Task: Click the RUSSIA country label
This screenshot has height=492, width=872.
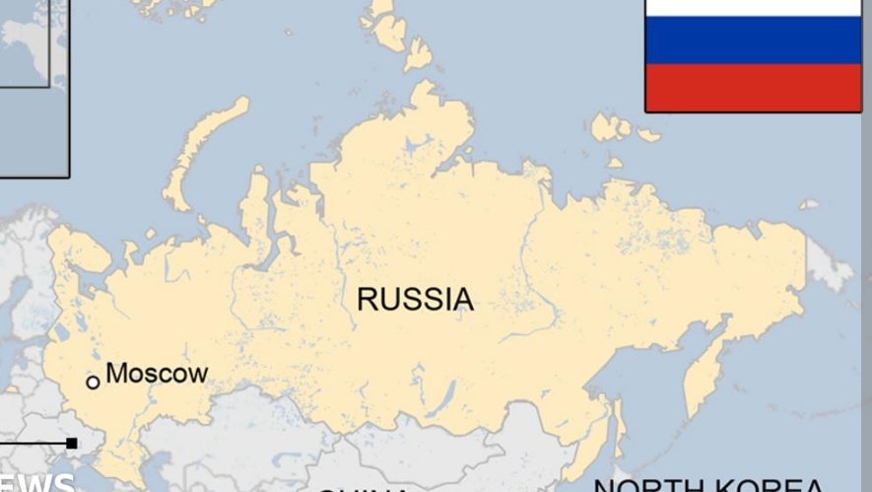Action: point(415,299)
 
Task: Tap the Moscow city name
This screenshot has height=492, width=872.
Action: point(157,374)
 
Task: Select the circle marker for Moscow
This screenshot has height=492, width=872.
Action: point(93,383)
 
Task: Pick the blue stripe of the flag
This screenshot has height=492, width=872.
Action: point(753,39)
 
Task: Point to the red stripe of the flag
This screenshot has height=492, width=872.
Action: point(753,87)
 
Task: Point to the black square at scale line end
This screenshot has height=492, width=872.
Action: point(72,444)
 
